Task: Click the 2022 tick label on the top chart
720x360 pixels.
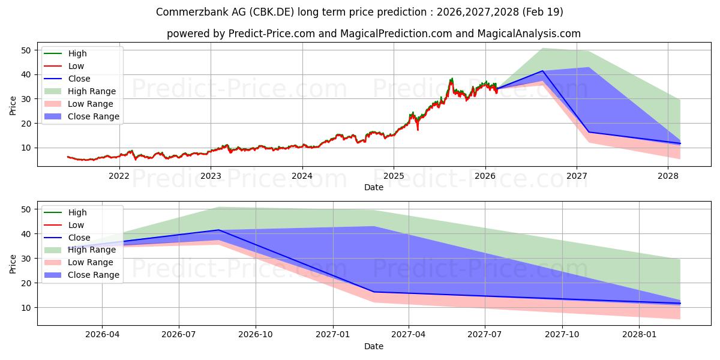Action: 119,175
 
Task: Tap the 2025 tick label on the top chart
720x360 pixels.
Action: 394,175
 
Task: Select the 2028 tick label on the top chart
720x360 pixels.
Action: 668,175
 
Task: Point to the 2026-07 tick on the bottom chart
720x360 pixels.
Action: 179,335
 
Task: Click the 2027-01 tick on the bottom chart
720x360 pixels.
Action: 332,335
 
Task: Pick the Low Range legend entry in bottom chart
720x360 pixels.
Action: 91,263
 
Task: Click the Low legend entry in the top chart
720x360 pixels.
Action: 76,66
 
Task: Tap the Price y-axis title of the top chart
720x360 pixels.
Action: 13,105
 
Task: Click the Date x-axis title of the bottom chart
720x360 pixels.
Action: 373,346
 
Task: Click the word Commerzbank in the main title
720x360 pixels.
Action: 184,12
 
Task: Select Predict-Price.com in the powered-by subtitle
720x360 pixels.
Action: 271,34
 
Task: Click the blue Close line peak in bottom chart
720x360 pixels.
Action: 218,230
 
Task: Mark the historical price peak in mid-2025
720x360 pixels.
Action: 451,79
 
